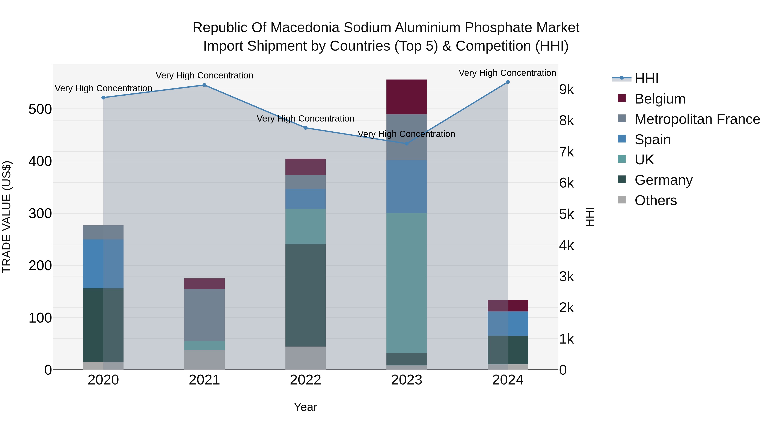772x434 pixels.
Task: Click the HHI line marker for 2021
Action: click(204, 85)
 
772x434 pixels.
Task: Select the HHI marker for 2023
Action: click(407, 143)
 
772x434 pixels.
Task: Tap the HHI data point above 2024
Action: click(508, 82)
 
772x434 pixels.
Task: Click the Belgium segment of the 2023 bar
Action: click(407, 97)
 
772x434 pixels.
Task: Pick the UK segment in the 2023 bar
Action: click(407, 283)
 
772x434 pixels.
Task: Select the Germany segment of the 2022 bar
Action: click(305, 295)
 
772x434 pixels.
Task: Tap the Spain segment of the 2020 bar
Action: click(103, 264)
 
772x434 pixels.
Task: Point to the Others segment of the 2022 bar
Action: click(305, 358)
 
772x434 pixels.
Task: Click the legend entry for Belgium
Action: click(660, 99)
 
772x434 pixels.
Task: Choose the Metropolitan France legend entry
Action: click(697, 119)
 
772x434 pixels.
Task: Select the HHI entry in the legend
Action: click(646, 78)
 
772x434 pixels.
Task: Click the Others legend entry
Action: click(655, 200)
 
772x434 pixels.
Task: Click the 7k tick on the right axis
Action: click(566, 152)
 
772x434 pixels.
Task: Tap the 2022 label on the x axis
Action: click(305, 380)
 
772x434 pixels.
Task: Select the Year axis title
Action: click(305, 407)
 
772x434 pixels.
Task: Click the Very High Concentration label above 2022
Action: click(305, 119)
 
